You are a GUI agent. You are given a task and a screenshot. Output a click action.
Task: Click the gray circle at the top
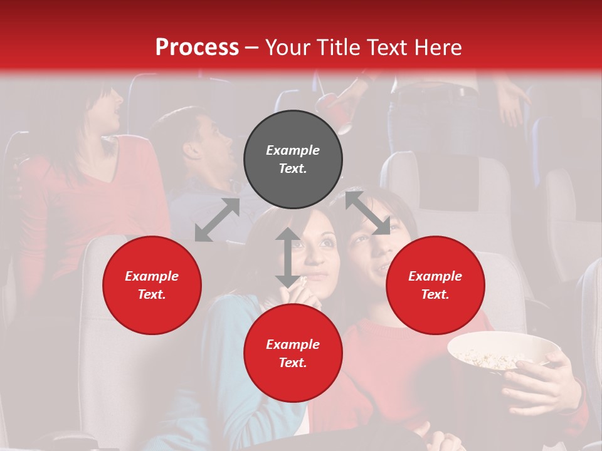coord(293,160)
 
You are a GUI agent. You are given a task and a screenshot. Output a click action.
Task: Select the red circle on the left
coord(152,286)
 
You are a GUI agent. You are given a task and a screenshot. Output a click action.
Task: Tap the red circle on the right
coord(435,286)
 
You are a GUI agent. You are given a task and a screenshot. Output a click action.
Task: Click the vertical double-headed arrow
coord(287,257)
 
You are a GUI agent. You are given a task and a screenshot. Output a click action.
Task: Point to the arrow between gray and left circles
coord(217,220)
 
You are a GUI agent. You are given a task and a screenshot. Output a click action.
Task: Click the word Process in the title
coord(197,47)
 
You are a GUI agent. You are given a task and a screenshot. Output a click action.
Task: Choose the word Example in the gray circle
coord(293,150)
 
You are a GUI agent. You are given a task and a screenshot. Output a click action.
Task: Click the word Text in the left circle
coord(151,294)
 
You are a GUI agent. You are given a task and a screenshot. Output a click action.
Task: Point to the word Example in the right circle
coord(435,276)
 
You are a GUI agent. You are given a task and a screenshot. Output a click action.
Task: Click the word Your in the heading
coord(287,47)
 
